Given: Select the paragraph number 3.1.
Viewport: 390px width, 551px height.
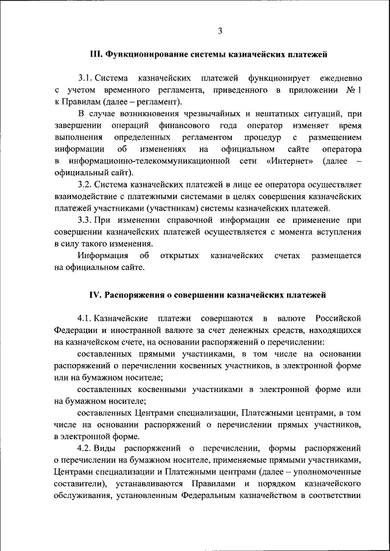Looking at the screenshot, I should [87, 79].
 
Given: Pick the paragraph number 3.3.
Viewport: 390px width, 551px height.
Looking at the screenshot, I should [87, 220].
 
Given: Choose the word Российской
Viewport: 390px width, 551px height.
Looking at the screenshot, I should [338, 318].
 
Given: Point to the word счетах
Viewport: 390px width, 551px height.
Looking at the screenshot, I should [287, 256].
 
